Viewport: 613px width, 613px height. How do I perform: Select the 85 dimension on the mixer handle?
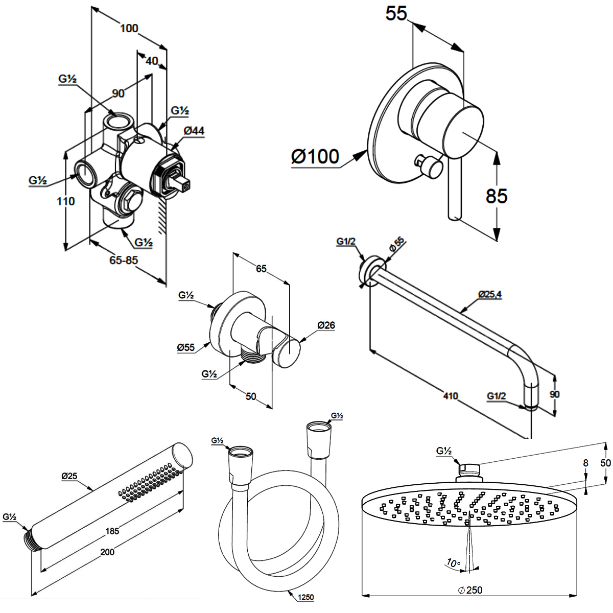(496, 195)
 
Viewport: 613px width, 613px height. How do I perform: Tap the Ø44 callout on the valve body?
(194, 131)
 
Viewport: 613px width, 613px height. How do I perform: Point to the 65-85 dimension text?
(124, 261)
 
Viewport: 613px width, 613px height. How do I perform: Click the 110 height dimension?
(66, 201)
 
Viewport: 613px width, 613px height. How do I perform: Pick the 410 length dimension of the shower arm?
(451, 396)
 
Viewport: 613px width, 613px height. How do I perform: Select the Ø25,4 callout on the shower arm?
(490, 295)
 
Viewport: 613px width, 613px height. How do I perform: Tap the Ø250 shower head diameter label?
(470, 590)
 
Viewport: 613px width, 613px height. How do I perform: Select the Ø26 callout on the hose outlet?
(325, 325)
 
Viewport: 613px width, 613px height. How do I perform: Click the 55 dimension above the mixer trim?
(396, 14)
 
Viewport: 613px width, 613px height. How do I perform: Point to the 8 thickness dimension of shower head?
(585, 463)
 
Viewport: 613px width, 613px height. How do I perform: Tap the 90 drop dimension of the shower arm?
(555, 394)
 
